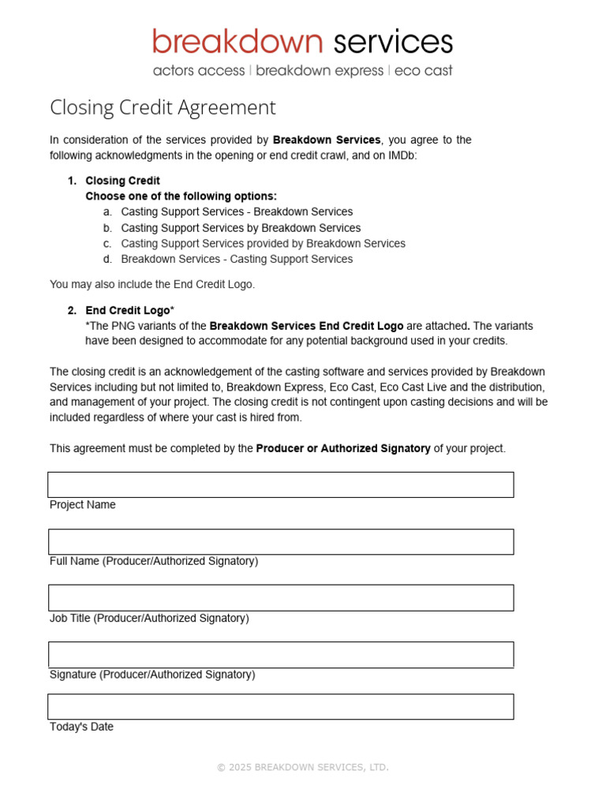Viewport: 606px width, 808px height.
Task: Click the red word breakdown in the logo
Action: click(238, 42)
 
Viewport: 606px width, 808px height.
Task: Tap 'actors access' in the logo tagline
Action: click(199, 71)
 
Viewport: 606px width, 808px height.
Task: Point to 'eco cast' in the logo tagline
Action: click(423, 71)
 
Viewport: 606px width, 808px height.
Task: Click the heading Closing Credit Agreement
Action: click(163, 107)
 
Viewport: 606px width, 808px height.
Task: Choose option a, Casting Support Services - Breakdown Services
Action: click(237, 211)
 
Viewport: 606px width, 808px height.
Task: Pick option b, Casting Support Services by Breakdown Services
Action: click(241, 228)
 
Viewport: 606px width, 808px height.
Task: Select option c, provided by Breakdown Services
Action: click(263, 244)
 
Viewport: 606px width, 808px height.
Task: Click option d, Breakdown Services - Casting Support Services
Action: click(237, 259)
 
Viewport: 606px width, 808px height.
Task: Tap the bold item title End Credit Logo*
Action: click(129, 310)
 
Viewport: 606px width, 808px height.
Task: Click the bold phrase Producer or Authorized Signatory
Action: click(343, 448)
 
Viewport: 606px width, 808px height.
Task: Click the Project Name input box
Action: click(280, 484)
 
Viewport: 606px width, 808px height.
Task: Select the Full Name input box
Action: click(280, 541)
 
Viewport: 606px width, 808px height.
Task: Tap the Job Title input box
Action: click(280, 597)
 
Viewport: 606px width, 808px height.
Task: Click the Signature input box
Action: click(280, 654)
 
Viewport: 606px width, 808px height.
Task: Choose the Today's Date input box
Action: click(280, 706)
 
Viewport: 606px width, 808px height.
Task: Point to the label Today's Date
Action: click(81, 727)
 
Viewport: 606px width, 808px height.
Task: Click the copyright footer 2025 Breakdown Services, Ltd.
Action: click(303, 767)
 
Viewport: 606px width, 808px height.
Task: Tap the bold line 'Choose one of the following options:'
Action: click(181, 196)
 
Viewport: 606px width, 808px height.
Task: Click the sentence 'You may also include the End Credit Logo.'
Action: click(152, 284)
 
